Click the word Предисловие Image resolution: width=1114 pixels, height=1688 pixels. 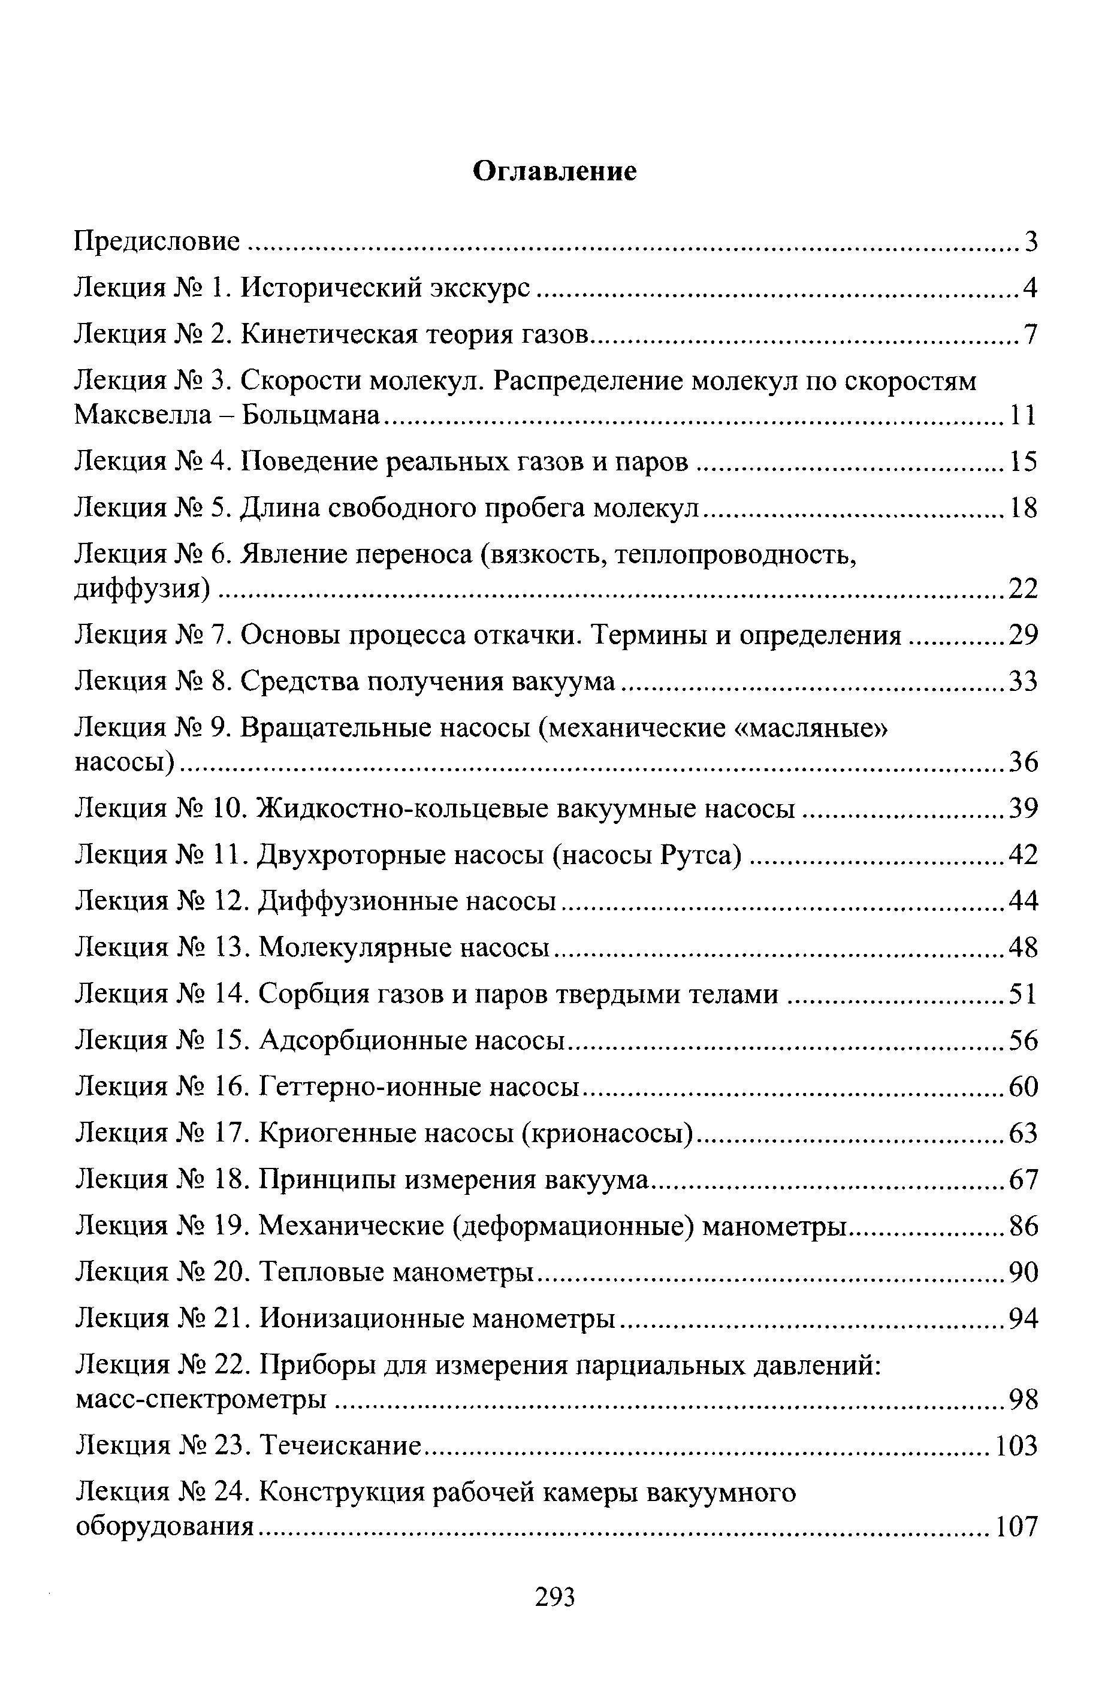pyautogui.click(x=157, y=242)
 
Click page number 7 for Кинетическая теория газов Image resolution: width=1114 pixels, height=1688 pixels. pyautogui.click(x=1031, y=334)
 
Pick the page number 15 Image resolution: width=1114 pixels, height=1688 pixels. pyautogui.click(x=1024, y=463)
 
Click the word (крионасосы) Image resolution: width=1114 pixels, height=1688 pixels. pyautogui.click(x=608, y=1133)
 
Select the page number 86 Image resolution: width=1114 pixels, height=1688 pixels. pyautogui.click(x=1024, y=1226)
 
